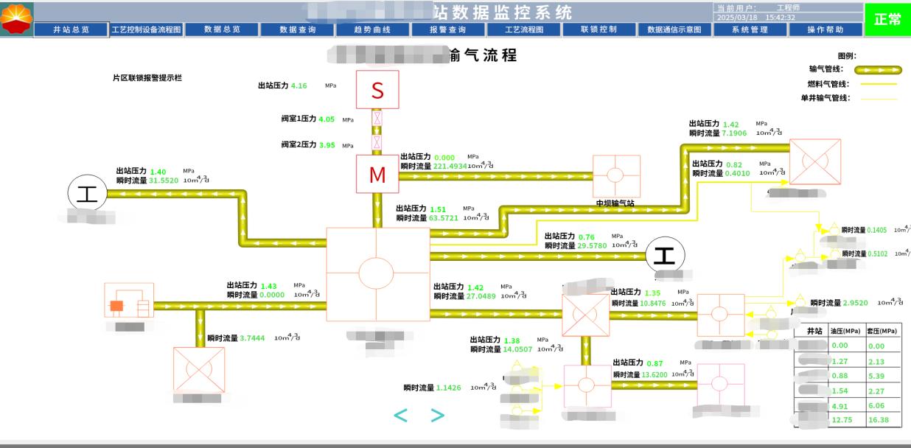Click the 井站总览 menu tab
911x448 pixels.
pos(71,29)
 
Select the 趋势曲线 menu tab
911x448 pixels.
pos(372,29)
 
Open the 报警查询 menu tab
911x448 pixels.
pos(448,29)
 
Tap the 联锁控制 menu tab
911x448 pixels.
pos(598,29)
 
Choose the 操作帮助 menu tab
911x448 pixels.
pos(826,29)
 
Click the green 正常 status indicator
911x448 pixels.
pos(887,20)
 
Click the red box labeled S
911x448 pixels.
pos(377,90)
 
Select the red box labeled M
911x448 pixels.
pos(377,175)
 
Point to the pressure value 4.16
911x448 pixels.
pos(299,85)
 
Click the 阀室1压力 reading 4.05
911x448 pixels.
pos(327,119)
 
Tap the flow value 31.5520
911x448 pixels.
pos(164,180)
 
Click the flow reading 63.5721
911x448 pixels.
pos(444,218)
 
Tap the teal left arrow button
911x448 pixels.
pos(400,416)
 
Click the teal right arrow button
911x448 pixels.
pos(438,416)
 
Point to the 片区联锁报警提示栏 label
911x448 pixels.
pos(147,77)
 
